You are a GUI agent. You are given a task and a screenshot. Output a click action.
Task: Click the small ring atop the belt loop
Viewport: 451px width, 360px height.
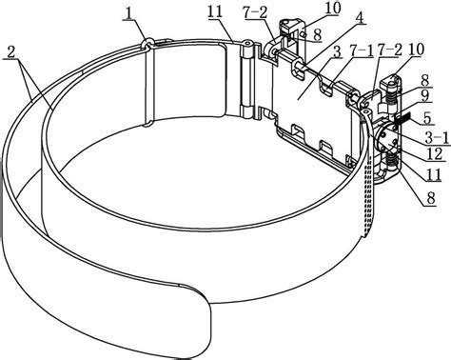click(x=147, y=43)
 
